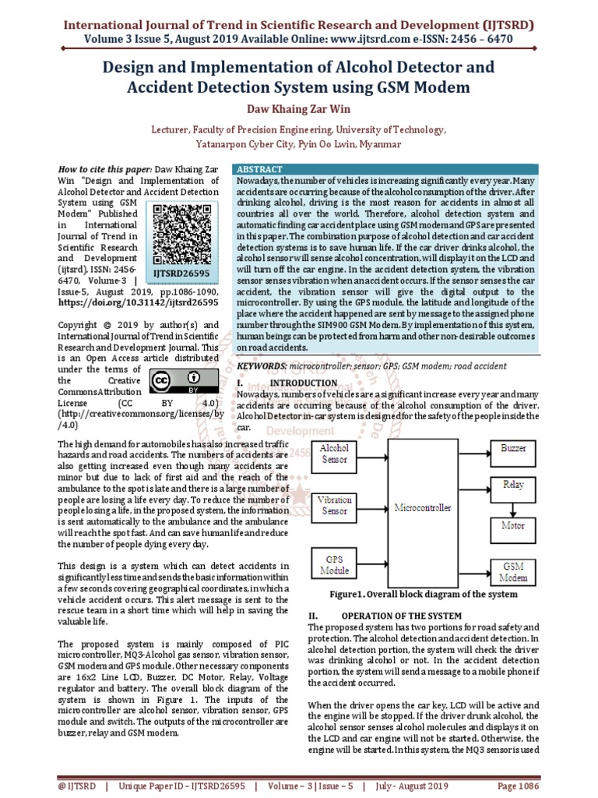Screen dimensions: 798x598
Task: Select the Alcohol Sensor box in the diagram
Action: click(x=335, y=454)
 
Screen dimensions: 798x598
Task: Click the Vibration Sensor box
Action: click(x=335, y=505)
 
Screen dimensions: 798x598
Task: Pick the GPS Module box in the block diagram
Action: click(x=335, y=565)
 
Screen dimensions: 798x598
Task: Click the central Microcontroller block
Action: click(x=422, y=507)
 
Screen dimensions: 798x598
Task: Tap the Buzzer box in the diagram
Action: click(x=513, y=449)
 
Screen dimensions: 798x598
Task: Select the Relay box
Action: click(x=513, y=485)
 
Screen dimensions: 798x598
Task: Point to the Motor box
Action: click(x=513, y=525)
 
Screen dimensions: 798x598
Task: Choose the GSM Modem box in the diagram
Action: click(x=513, y=571)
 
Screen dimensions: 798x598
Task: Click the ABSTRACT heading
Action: click(x=259, y=169)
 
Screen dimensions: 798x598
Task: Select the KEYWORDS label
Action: click(x=261, y=365)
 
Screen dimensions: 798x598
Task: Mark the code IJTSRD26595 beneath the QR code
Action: click(x=181, y=274)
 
